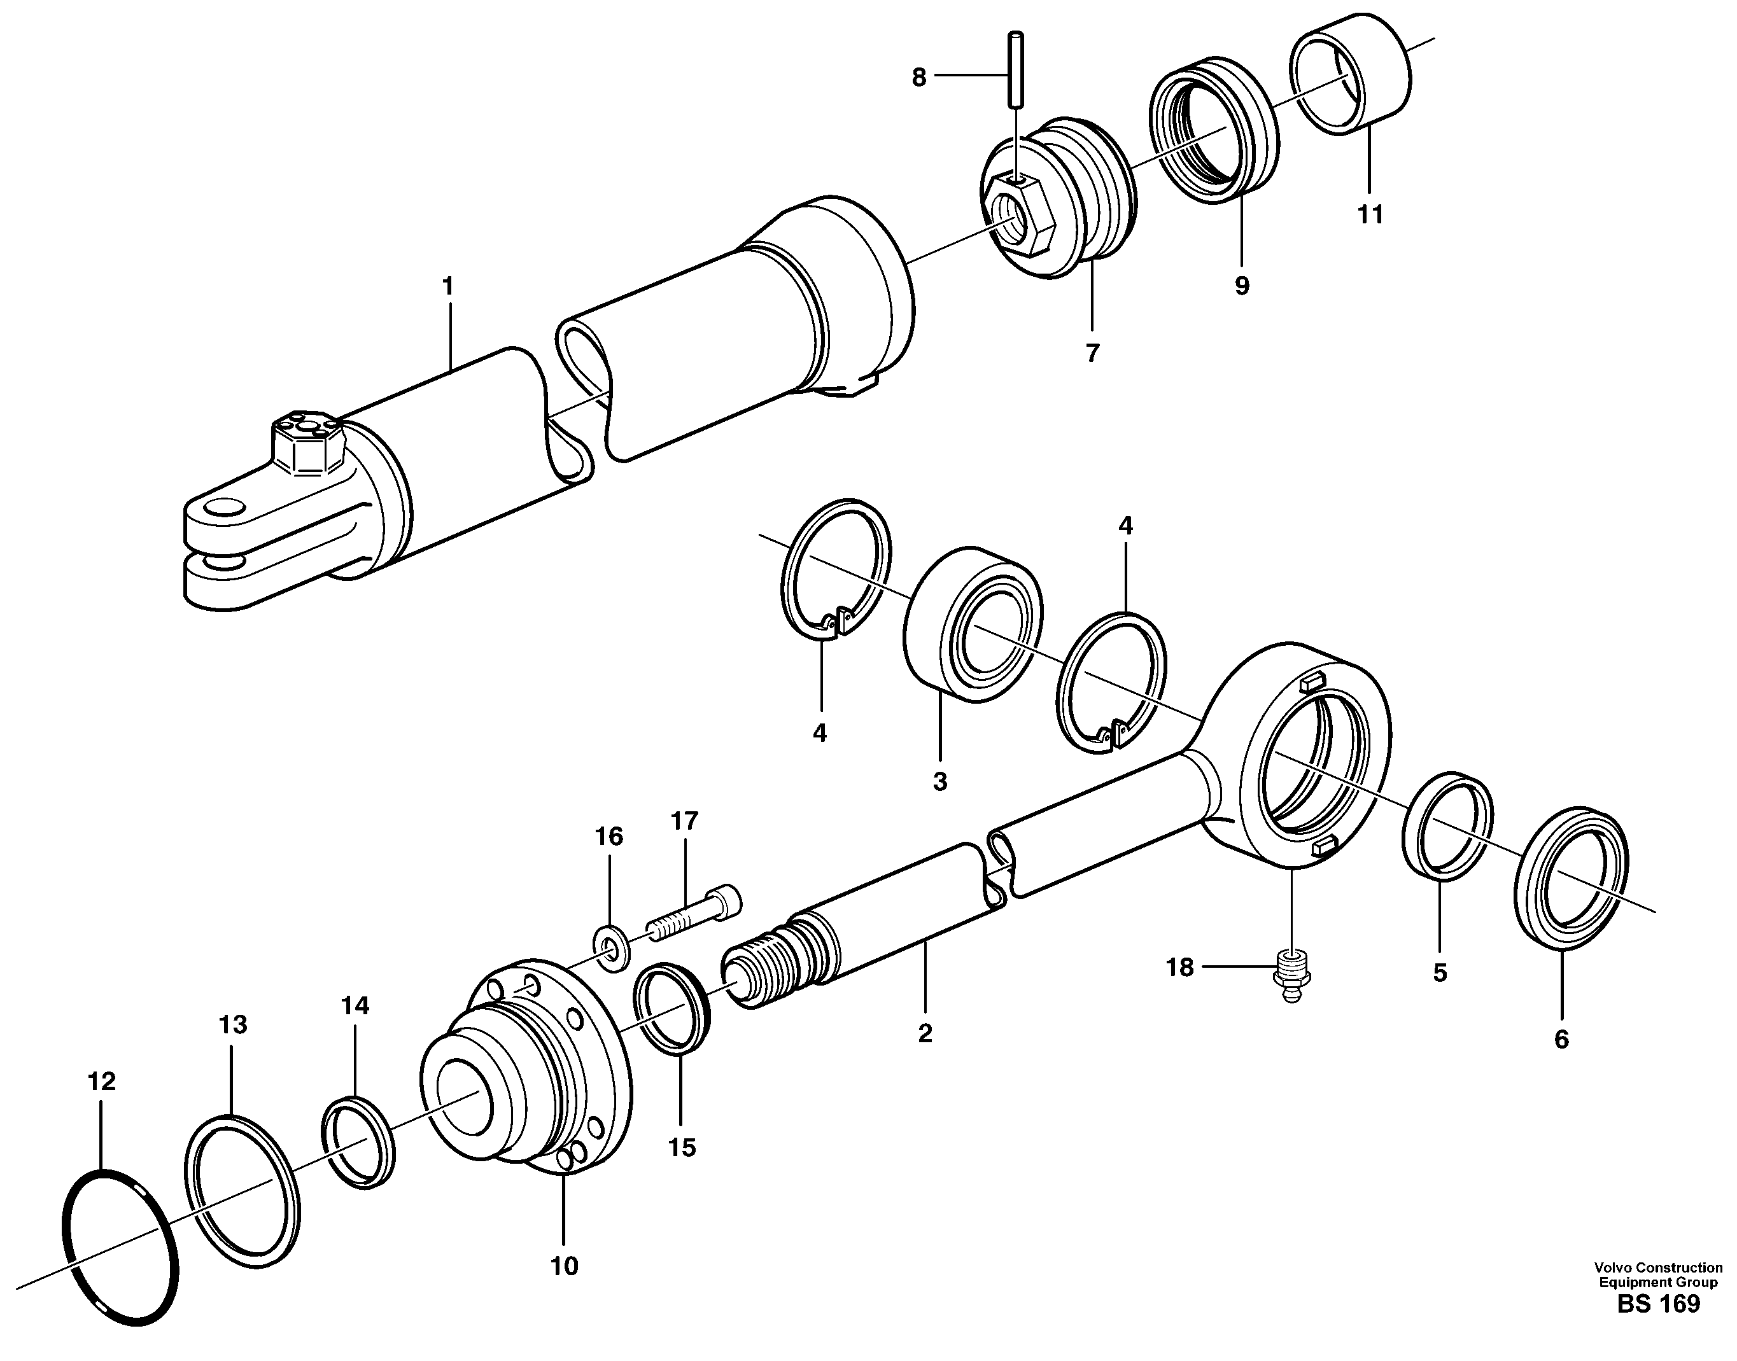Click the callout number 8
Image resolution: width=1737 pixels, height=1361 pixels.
coord(919,78)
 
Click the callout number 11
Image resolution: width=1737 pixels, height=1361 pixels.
coord(1370,214)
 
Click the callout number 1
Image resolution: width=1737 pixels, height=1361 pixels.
coord(448,286)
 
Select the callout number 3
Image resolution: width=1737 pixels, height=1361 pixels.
coord(940,782)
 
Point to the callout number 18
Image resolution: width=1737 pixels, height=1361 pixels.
coord(1180,968)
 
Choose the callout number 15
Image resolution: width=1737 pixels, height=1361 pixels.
coord(682,1148)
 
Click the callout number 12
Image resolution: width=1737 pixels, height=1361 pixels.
coord(102,1081)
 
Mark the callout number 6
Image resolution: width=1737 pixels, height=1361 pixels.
coord(1561,1039)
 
